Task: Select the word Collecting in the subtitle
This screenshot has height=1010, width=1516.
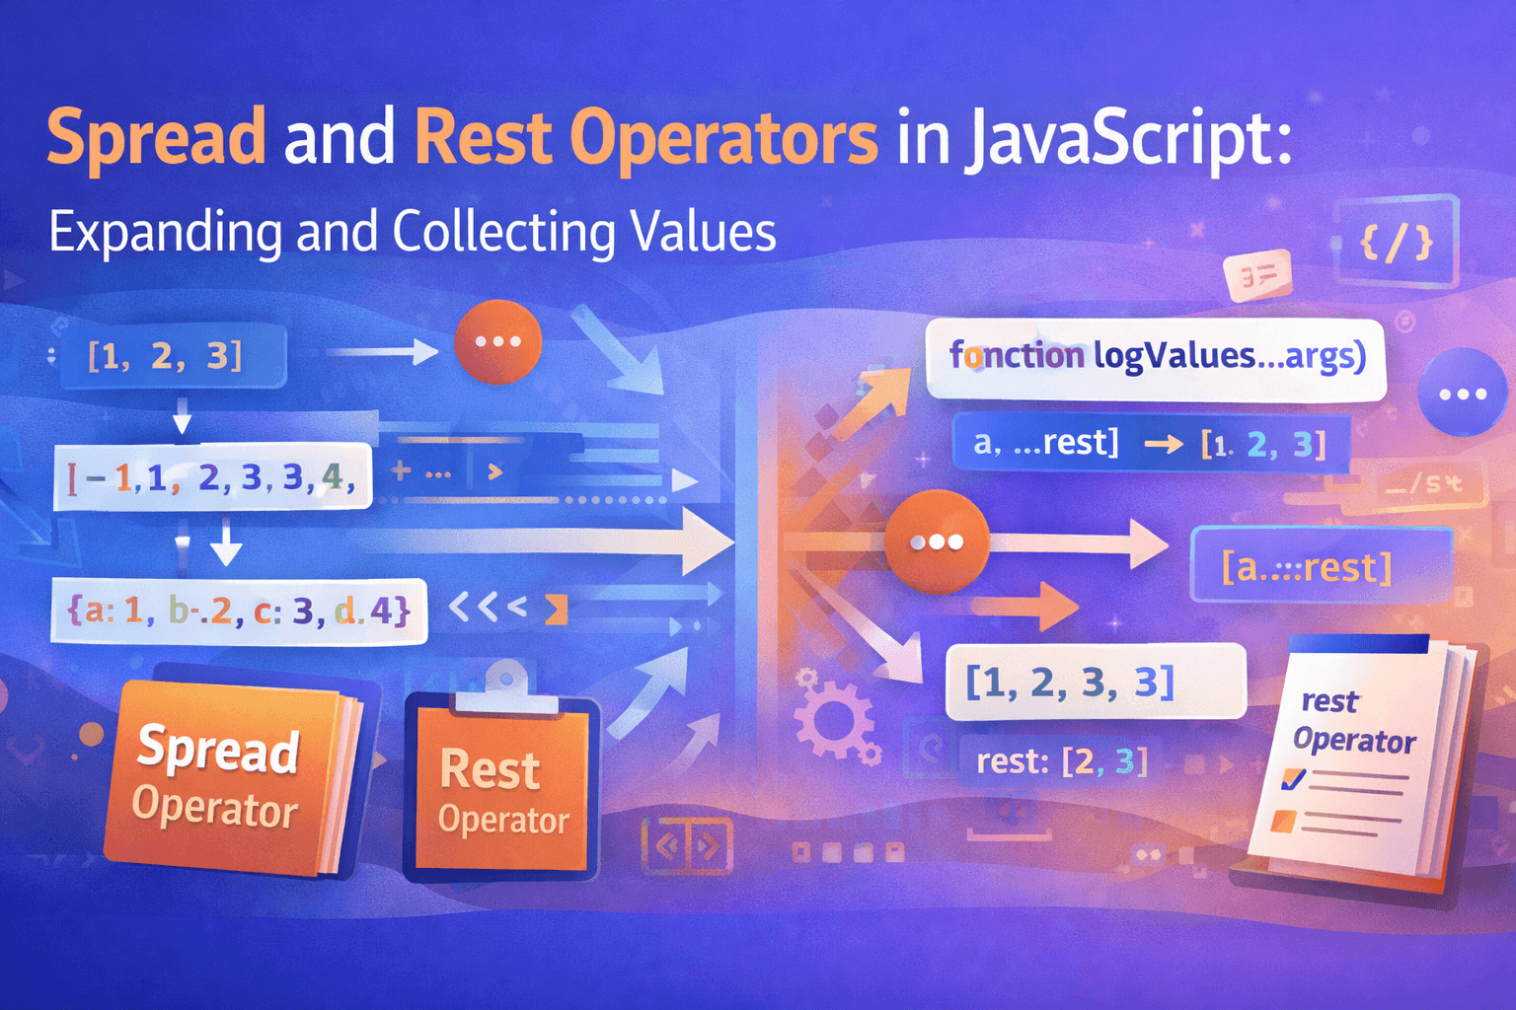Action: pyautogui.click(x=504, y=233)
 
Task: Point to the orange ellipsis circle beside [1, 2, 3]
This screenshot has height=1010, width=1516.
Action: pyautogui.click(x=497, y=341)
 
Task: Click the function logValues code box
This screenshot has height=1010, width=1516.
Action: pyautogui.click(x=1156, y=357)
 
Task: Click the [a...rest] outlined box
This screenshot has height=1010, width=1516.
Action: pyautogui.click(x=1321, y=566)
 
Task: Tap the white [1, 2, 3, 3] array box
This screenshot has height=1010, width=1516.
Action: pyautogui.click(x=1095, y=682)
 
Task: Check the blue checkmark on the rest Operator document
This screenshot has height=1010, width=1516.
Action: pyautogui.click(x=1293, y=779)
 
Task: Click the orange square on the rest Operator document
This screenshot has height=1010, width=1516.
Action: pyautogui.click(x=1284, y=820)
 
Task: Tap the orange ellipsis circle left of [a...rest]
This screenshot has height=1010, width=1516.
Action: pyautogui.click(x=937, y=541)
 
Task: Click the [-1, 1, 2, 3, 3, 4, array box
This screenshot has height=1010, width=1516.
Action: pyautogui.click(x=213, y=477)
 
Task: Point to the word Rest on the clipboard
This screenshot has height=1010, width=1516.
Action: pyautogui.click(x=490, y=769)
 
